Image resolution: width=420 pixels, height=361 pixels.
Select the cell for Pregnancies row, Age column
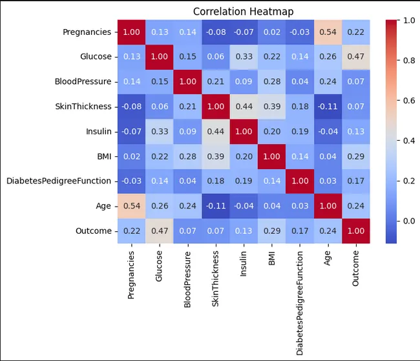[x=326, y=32]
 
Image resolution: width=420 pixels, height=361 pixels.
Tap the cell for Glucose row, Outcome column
[x=355, y=57]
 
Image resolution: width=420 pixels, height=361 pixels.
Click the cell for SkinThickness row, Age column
[x=326, y=107]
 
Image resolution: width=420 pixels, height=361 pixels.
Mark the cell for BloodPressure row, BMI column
[x=270, y=82]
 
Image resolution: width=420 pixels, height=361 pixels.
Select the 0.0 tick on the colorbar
[x=410, y=221]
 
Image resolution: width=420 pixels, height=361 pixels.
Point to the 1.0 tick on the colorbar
[x=410, y=20]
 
